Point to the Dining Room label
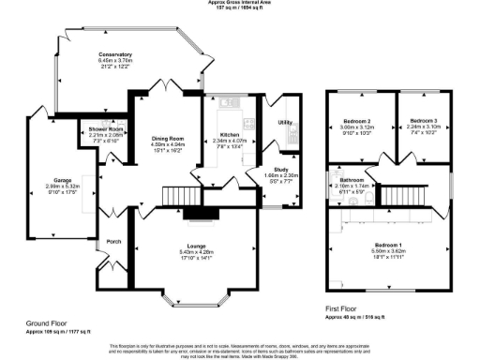pos(169,139)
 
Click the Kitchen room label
pos(230,135)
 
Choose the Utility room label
pos(286,123)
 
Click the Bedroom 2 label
pos(356,122)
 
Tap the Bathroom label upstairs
pos(352,179)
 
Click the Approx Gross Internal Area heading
pos(240,3)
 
